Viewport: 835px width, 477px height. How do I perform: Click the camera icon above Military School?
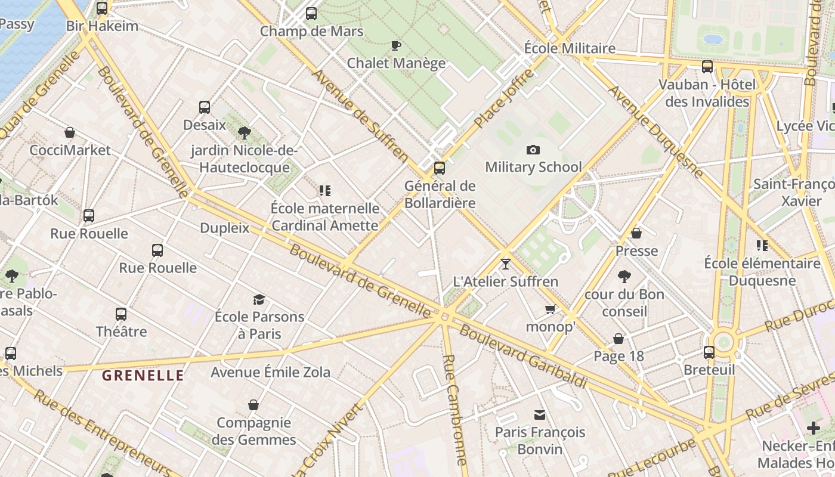(x=533, y=150)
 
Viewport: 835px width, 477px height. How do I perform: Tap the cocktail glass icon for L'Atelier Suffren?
(x=506, y=264)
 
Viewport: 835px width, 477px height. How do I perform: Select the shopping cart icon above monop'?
(x=550, y=309)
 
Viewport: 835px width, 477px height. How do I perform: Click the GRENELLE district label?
(x=143, y=376)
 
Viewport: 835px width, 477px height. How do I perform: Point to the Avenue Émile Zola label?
(x=270, y=373)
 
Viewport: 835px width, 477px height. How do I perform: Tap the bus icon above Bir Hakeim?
(x=102, y=8)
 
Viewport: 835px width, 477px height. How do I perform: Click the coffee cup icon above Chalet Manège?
(x=395, y=45)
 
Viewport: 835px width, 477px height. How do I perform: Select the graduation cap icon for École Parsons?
(x=259, y=299)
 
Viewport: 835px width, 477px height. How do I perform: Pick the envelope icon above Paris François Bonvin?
(x=540, y=414)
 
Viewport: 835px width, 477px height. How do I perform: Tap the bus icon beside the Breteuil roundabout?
(x=709, y=352)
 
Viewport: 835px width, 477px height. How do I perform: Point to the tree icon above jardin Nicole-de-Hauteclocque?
(x=244, y=132)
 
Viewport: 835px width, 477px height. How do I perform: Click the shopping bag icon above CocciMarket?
(x=70, y=132)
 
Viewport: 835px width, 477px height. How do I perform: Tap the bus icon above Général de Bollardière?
(x=440, y=168)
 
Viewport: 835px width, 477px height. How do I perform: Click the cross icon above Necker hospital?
(x=814, y=428)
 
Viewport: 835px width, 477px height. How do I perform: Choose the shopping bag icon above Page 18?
(x=618, y=339)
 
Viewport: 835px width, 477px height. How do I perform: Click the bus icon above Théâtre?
(x=121, y=314)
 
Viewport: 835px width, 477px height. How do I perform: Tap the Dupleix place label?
(x=224, y=228)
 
